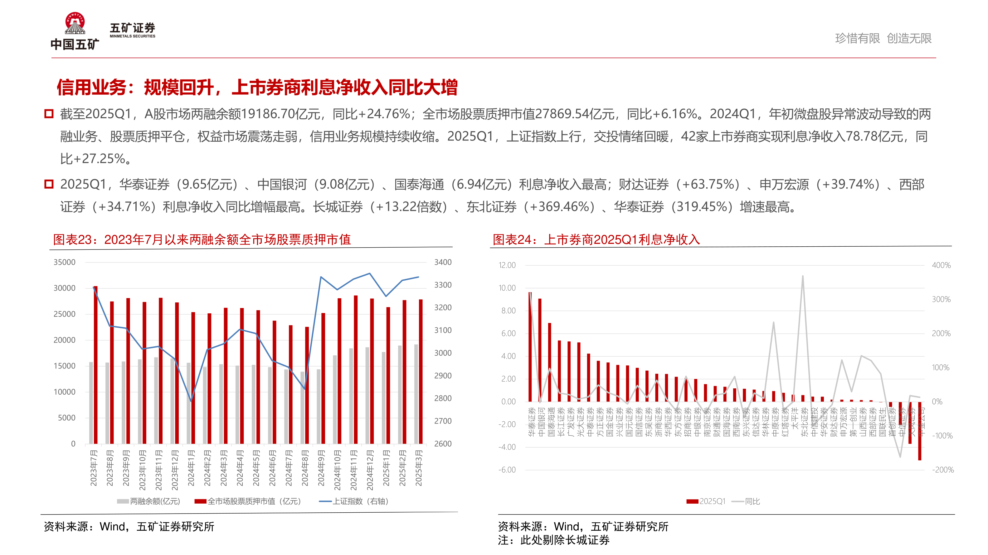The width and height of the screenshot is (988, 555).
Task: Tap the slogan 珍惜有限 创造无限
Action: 883,38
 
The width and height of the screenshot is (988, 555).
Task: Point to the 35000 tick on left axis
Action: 65,262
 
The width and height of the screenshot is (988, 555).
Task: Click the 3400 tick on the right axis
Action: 443,262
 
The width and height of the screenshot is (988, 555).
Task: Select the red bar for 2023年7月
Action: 95,364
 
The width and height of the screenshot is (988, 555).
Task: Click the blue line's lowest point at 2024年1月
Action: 191,401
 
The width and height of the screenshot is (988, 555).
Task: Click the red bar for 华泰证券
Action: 530,347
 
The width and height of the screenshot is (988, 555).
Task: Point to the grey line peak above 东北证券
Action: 803,276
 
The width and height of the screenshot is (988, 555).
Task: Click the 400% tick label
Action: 941,265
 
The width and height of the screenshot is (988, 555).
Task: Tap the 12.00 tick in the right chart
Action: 507,265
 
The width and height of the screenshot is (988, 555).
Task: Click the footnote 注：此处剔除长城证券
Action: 553,540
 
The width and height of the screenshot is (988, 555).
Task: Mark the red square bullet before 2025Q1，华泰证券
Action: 49,184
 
